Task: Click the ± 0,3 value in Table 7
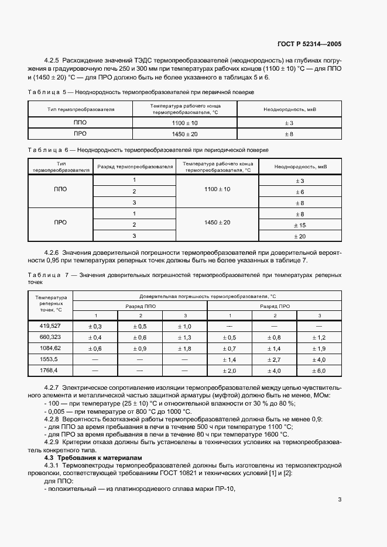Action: pyautogui.click(x=95, y=326)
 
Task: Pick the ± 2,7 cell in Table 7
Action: pyautogui.click(x=275, y=359)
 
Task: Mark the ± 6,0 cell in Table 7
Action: pyautogui.click(x=319, y=371)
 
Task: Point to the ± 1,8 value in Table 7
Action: pyautogui.click(x=184, y=348)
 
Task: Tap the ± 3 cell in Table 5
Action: pyautogui.click(x=289, y=123)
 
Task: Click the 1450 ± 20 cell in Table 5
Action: pyautogui.click(x=185, y=134)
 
